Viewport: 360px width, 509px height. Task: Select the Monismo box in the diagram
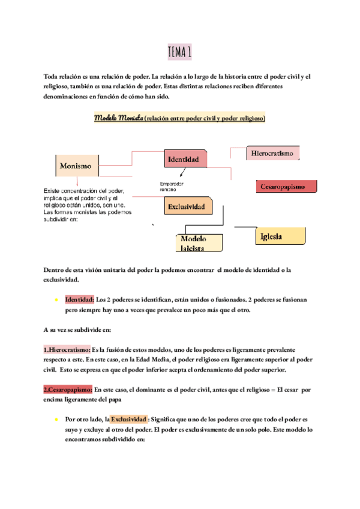[x=76, y=165]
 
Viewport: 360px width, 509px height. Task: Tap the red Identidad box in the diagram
[x=185, y=160]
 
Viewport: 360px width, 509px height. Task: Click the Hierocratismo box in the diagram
[x=273, y=154]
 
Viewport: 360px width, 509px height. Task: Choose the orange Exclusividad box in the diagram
[x=188, y=206]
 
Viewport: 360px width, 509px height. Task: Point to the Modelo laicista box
[x=197, y=242]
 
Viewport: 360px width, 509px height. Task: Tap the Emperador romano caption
[x=172, y=186]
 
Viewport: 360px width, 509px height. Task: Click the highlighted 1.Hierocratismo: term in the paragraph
[x=66, y=349]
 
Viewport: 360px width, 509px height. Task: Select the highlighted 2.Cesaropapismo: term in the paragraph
[x=68, y=390]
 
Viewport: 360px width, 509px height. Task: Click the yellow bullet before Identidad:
[x=55, y=300]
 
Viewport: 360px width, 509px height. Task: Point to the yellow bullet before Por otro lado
[x=55, y=419]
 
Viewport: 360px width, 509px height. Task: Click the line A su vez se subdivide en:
[x=81, y=330]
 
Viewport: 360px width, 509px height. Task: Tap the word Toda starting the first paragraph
[x=53, y=76]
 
